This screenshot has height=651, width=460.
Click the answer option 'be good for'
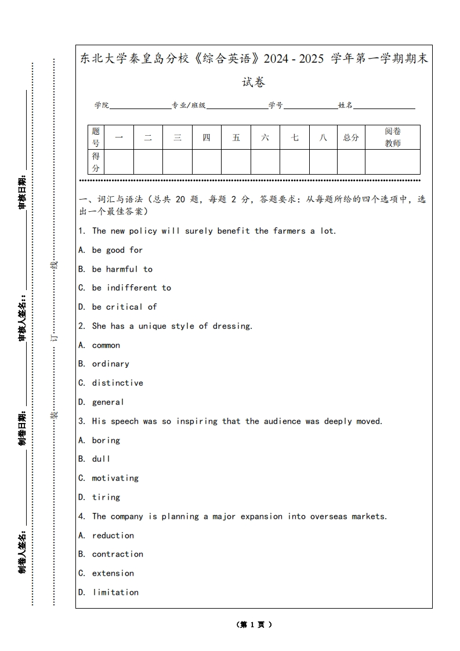tap(117, 250)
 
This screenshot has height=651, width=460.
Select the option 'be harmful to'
tap(122, 269)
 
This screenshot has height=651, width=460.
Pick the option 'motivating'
tap(115, 478)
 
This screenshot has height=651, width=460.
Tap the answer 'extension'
tap(113, 573)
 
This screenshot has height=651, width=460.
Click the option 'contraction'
tap(117, 554)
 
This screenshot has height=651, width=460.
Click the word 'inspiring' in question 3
tap(197, 421)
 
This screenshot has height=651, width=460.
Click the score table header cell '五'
tap(236, 138)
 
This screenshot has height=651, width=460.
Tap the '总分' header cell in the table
tap(351, 138)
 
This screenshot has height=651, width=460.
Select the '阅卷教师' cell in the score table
tap(393, 138)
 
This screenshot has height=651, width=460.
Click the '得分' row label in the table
tap(96, 162)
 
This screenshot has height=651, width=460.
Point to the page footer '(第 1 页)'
tap(254, 625)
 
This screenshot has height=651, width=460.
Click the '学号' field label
tap(276, 105)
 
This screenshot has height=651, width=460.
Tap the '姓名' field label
tap(346, 105)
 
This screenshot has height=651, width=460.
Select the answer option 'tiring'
tap(106, 497)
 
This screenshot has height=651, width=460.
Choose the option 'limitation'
tap(115, 592)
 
